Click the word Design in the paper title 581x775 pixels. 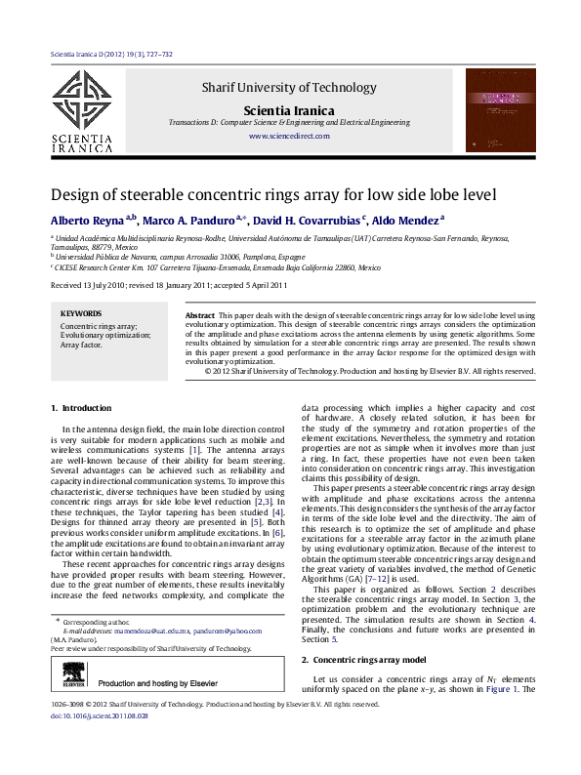78,194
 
